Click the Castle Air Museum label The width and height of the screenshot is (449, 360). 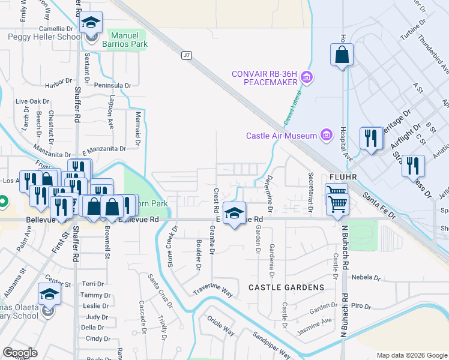click(281, 136)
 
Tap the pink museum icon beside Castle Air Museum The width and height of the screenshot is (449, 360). click(326, 135)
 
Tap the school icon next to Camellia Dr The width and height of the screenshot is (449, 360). click(91, 25)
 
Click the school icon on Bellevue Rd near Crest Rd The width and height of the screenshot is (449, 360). click(234, 212)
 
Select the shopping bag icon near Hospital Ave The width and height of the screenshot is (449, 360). click(342, 55)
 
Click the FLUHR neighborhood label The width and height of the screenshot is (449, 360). click(344, 178)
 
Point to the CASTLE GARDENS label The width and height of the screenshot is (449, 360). click(286, 287)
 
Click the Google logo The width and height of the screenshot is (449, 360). click(20, 353)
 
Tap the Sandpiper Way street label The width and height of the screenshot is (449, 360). click(271, 344)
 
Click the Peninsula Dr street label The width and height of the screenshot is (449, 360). click(112, 86)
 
